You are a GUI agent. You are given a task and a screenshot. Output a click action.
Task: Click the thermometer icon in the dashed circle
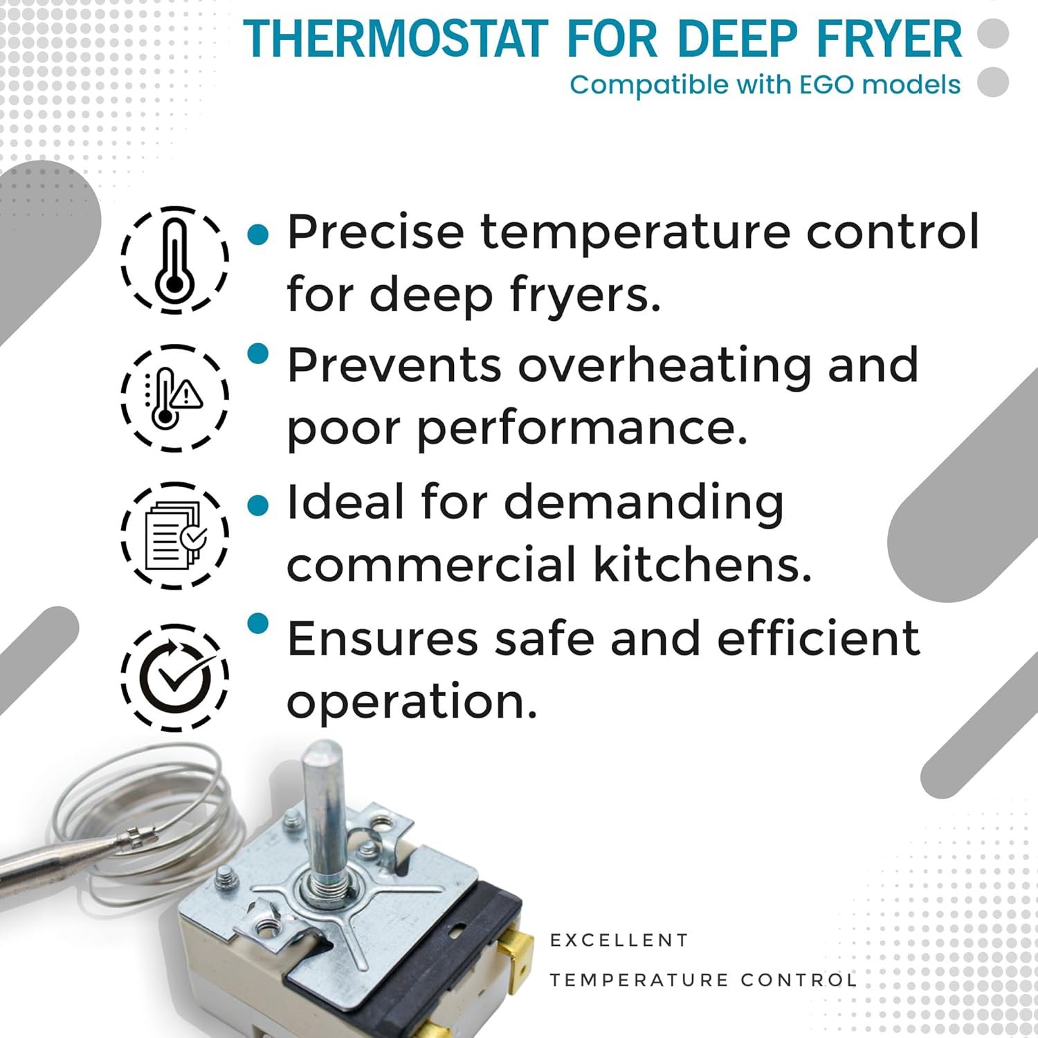[x=175, y=259]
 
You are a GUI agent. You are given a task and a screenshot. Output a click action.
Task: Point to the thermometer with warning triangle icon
[x=175, y=398]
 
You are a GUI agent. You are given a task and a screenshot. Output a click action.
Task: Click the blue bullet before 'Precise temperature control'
[x=257, y=234]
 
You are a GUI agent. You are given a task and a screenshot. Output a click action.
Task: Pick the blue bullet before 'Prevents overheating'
[x=257, y=354]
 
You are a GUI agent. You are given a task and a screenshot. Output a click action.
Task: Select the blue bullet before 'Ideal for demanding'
[x=257, y=505]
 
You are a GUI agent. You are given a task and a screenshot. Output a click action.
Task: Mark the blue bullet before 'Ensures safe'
[x=257, y=623]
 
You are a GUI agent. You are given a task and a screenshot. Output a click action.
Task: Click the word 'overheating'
[x=664, y=367]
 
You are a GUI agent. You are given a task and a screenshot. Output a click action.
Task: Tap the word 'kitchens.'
[x=702, y=564]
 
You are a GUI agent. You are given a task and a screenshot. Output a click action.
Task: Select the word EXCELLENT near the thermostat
[x=619, y=940]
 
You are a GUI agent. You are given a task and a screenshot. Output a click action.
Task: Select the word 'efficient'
[x=818, y=638]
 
